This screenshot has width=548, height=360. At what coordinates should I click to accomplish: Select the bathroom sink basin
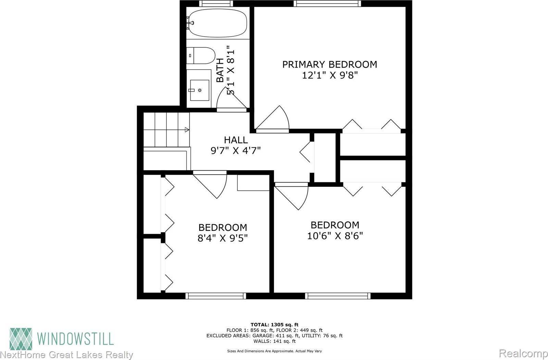point(199,90)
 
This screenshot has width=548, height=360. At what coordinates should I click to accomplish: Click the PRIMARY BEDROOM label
point(329,64)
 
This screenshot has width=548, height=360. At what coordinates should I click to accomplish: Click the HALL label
point(236,140)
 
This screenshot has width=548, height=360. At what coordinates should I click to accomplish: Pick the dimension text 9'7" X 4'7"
point(236,151)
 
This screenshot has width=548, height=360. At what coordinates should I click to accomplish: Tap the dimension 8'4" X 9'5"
point(223,238)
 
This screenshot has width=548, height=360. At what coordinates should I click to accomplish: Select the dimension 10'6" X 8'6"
point(335,236)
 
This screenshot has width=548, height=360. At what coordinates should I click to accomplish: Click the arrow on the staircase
point(187,129)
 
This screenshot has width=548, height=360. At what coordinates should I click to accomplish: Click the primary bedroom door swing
point(272,120)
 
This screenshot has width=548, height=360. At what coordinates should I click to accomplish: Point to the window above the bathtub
point(216,3)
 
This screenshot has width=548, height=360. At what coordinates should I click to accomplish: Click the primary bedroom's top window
point(327,3)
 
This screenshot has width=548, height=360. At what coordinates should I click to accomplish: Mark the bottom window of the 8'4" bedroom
point(216,296)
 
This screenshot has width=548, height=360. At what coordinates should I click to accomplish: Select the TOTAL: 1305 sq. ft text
point(274,324)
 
